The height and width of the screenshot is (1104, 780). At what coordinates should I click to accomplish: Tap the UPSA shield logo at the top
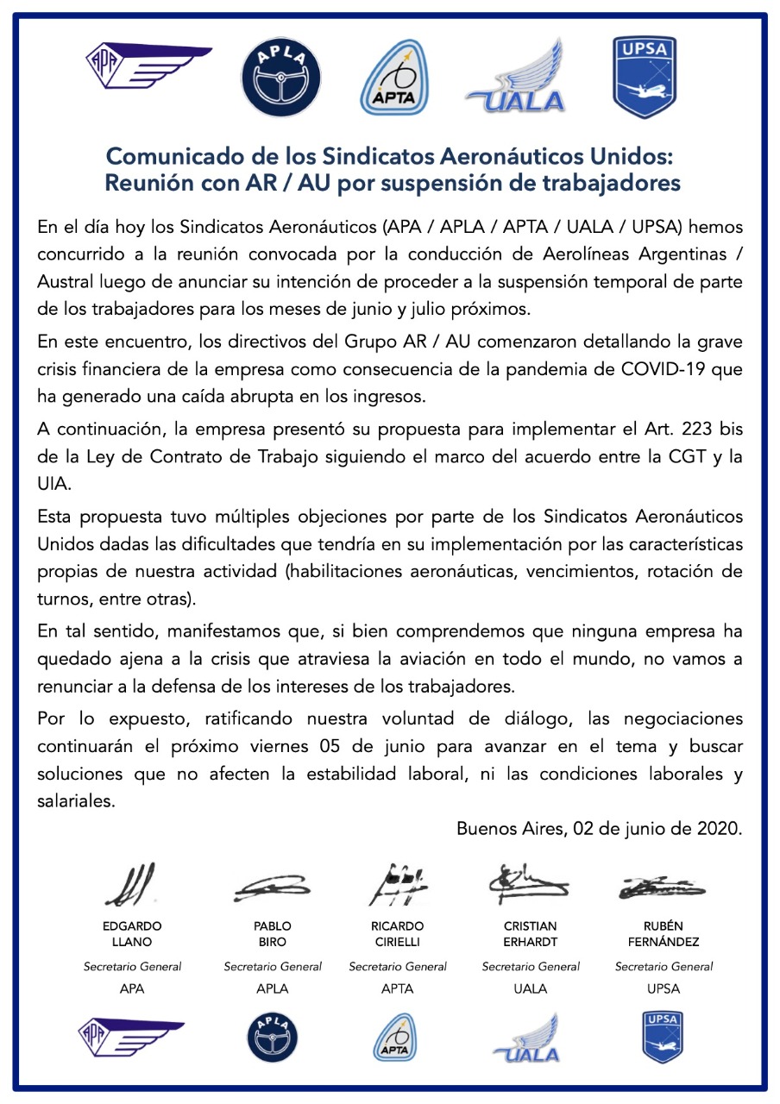[x=644, y=77]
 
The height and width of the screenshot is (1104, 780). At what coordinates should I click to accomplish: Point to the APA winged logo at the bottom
[x=131, y=1034]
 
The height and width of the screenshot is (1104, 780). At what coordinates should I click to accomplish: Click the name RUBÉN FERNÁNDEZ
[x=664, y=934]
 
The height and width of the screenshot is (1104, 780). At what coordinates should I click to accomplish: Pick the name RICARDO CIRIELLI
[x=398, y=934]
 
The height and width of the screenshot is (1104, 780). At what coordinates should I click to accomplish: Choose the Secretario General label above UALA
[x=531, y=967]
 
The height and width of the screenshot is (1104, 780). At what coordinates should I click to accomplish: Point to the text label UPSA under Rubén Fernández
[x=664, y=988]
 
